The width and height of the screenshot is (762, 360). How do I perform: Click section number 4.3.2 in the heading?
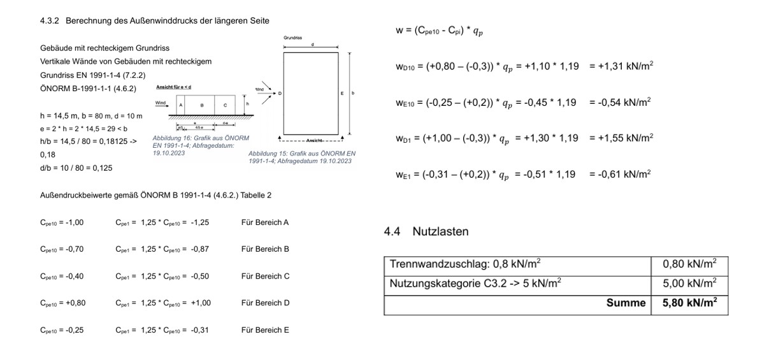[49, 21]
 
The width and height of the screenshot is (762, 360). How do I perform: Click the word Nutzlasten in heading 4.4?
[440, 231]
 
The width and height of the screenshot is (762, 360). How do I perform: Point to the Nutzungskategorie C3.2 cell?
[475, 284]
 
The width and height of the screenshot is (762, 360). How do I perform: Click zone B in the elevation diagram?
[202, 104]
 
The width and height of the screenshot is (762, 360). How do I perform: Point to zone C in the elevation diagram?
[224, 104]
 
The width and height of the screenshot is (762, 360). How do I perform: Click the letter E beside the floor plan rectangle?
[342, 94]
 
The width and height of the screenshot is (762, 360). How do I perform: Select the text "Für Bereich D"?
[265, 303]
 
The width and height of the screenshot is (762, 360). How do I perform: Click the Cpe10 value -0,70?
[62, 249]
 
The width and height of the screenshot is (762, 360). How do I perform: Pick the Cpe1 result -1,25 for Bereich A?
[199, 222]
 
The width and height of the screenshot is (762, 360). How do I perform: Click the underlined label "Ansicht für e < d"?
[173, 86]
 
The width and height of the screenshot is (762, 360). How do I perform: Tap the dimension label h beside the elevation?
[247, 103]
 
